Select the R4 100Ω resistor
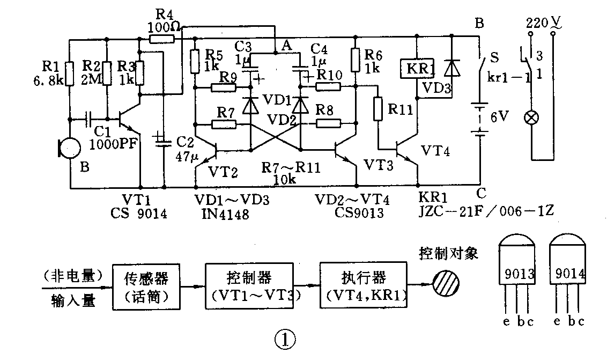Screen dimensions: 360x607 [161, 39]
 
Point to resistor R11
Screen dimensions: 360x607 [378, 110]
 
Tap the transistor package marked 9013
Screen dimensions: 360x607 [516, 268]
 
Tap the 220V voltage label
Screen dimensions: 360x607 [542, 23]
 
